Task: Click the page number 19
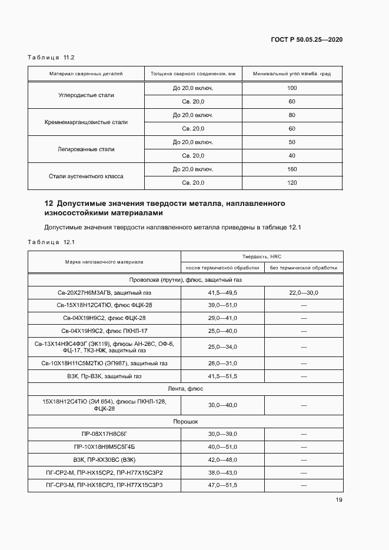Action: click(x=339, y=500)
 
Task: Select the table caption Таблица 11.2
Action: click(x=51, y=57)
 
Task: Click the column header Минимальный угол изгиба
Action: click(x=292, y=74)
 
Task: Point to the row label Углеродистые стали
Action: click(x=86, y=95)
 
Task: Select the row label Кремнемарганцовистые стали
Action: click(x=86, y=122)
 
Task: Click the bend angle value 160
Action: click(x=292, y=169)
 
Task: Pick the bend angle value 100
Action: click(x=292, y=88)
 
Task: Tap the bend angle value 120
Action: click(x=292, y=182)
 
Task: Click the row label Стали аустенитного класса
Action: click(x=86, y=176)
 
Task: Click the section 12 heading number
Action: click(x=48, y=204)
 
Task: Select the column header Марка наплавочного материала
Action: click(x=104, y=262)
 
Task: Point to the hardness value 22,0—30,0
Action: click(x=304, y=292)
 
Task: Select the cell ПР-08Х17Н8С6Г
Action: click(x=104, y=434)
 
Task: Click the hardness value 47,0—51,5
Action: click(x=222, y=485)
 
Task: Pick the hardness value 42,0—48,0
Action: click(x=222, y=459)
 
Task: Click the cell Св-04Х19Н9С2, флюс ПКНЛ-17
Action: click(x=104, y=331)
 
